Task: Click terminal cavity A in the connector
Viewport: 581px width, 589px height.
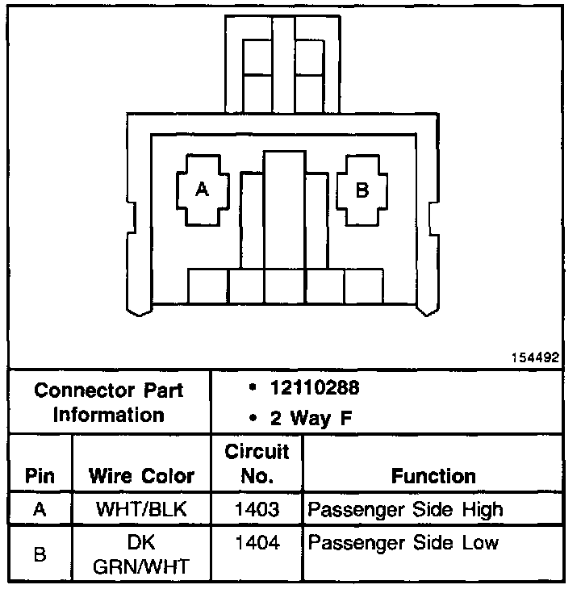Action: click(x=202, y=190)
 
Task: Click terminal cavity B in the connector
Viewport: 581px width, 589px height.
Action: click(x=362, y=190)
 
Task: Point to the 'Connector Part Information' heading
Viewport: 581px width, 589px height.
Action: click(x=109, y=403)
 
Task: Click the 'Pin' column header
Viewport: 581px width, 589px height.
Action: click(x=40, y=475)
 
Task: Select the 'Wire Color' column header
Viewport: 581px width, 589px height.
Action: click(x=141, y=475)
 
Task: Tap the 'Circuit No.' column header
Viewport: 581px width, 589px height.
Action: click(x=257, y=462)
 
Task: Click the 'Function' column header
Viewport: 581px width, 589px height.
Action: click(x=433, y=475)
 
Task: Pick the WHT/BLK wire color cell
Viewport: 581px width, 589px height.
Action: click(x=141, y=510)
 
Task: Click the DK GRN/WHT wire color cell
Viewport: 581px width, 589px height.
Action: click(x=141, y=553)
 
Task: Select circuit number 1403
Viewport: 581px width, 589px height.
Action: click(x=257, y=510)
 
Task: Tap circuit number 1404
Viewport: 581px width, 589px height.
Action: click(x=257, y=542)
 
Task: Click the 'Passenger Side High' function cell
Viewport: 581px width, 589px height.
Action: click(x=406, y=510)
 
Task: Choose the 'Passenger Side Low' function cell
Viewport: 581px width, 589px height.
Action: click(x=403, y=542)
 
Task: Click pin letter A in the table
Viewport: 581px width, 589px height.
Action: click(x=40, y=510)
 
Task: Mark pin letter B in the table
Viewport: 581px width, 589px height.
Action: click(x=40, y=554)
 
